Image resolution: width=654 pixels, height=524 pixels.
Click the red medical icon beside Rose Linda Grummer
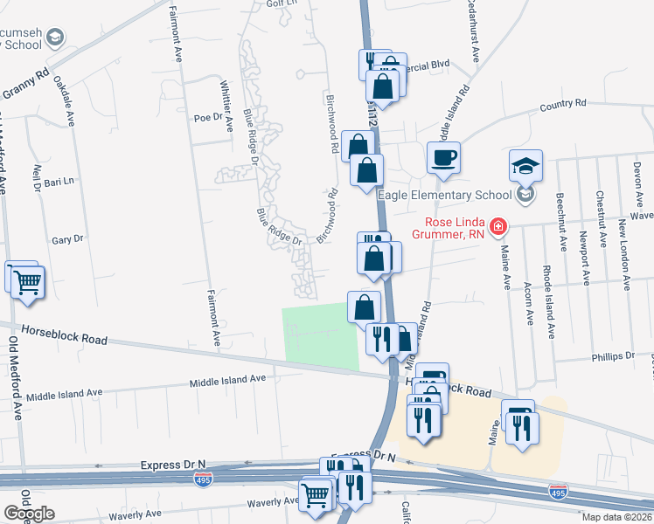tap(498, 227)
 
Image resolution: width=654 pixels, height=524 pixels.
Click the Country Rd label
tap(562, 105)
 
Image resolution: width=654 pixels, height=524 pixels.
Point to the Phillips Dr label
tap(611, 357)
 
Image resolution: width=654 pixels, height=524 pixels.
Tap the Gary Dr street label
tap(67, 238)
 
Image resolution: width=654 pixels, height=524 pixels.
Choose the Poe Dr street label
tap(209, 118)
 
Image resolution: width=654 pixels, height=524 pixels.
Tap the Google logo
tap(29, 514)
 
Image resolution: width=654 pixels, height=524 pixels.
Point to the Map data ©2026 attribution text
tap(616, 517)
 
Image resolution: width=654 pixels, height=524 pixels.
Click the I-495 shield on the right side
tap(557, 493)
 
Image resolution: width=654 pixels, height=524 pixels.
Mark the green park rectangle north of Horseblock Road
tap(322, 338)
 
